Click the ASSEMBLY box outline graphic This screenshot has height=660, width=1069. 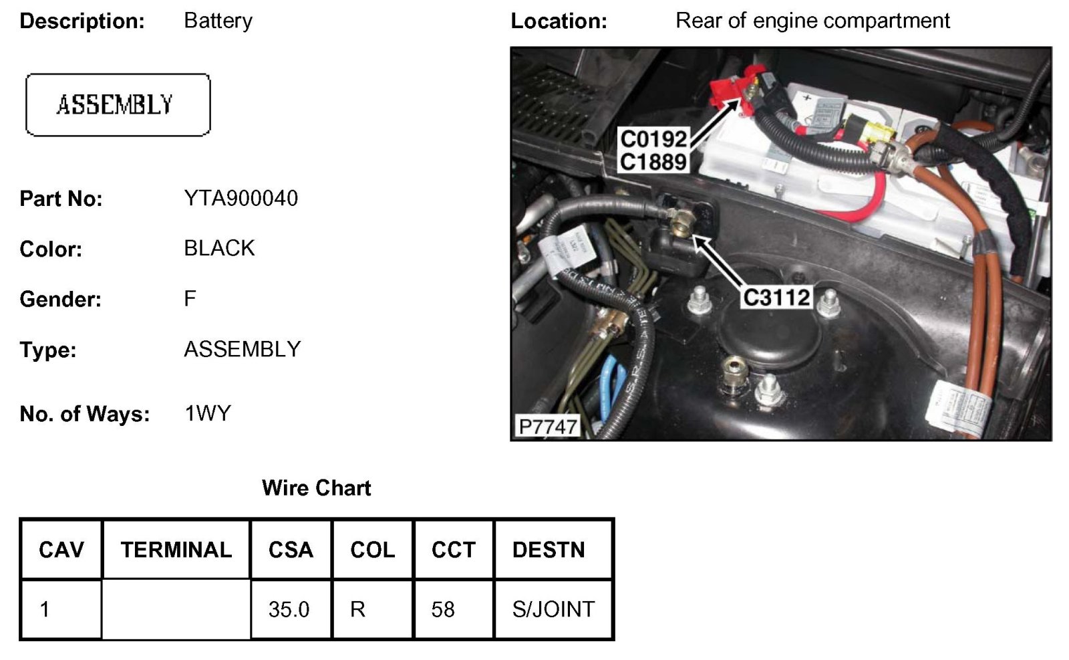pyautogui.click(x=118, y=105)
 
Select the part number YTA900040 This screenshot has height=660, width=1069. pyautogui.click(x=241, y=198)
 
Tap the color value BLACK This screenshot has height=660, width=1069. pyautogui.click(x=219, y=248)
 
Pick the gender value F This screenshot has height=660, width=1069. pyautogui.click(x=190, y=298)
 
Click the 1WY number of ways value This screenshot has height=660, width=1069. pyautogui.click(x=207, y=413)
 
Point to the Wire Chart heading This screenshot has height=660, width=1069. pyautogui.click(x=316, y=487)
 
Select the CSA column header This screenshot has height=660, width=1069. pyautogui.click(x=291, y=550)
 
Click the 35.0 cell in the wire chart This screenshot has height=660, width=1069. pyautogui.click(x=289, y=609)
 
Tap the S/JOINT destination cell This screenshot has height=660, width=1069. pyautogui.click(x=553, y=609)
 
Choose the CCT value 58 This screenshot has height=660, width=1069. pyautogui.click(x=443, y=609)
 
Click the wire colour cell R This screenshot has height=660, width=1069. pyautogui.click(x=357, y=609)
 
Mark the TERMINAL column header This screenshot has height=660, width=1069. pyautogui.click(x=176, y=550)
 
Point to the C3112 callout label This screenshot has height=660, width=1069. pyautogui.click(x=776, y=297)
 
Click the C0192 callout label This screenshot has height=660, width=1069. pyautogui.click(x=653, y=139)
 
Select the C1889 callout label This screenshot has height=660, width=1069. pyautogui.click(x=653, y=162)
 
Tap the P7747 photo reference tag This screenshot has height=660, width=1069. pyautogui.click(x=547, y=426)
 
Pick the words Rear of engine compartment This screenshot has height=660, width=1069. pyautogui.click(x=812, y=21)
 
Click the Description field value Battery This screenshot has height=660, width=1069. pyautogui.click(x=218, y=21)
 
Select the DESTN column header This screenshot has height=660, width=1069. pyautogui.click(x=548, y=550)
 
